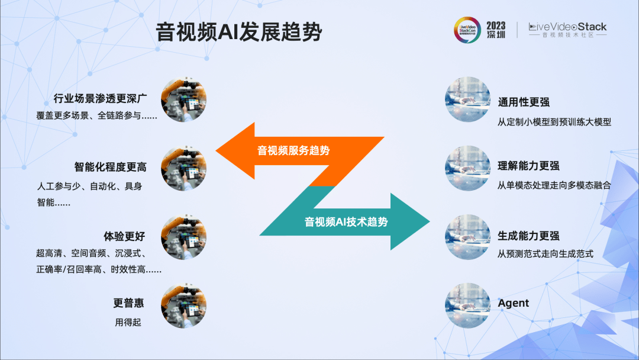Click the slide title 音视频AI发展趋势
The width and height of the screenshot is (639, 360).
[238, 32]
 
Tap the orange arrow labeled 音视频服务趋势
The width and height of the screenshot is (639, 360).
[293, 151]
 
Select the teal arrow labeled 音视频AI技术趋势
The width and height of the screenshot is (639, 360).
[346, 222]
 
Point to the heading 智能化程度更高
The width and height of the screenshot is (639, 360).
[110, 167]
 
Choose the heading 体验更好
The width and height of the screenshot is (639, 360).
[124, 236]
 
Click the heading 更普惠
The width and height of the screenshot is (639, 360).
[129, 303]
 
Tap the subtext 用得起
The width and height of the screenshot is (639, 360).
[128, 323]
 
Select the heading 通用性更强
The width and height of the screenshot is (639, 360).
[524, 102]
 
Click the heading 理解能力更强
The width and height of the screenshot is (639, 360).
[528, 166]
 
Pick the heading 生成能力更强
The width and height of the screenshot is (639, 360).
[528, 236]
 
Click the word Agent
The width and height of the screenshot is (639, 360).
[513, 303]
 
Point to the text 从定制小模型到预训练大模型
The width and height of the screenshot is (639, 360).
[554, 122]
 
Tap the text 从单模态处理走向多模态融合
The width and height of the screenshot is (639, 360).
[554, 185]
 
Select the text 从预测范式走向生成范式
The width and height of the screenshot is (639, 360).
[545, 254]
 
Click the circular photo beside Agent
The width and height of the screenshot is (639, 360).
[467, 305]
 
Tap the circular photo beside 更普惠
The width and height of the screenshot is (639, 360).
[183, 305]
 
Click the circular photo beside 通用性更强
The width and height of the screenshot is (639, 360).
[467, 99]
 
